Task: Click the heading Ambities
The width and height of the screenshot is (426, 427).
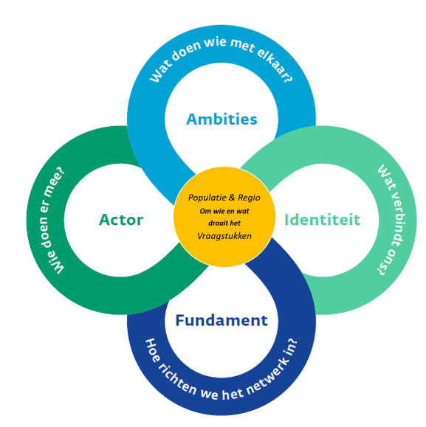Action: pyautogui.click(x=221, y=119)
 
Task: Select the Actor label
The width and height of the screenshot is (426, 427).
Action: pyautogui.click(x=121, y=220)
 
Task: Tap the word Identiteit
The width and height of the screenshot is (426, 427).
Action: pyautogui.click(x=323, y=220)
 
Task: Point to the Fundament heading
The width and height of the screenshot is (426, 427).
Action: pyautogui.click(x=221, y=320)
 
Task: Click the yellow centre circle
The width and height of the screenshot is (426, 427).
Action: pyautogui.click(x=224, y=217)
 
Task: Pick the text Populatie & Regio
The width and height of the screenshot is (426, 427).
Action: pyautogui.click(x=224, y=198)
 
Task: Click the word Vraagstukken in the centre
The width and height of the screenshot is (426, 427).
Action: pyautogui.click(x=224, y=236)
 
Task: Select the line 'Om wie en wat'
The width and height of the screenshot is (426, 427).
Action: pyautogui.click(x=224, y=211)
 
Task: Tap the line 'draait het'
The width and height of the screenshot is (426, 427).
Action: pyautogui.click(x=224, y=223)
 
